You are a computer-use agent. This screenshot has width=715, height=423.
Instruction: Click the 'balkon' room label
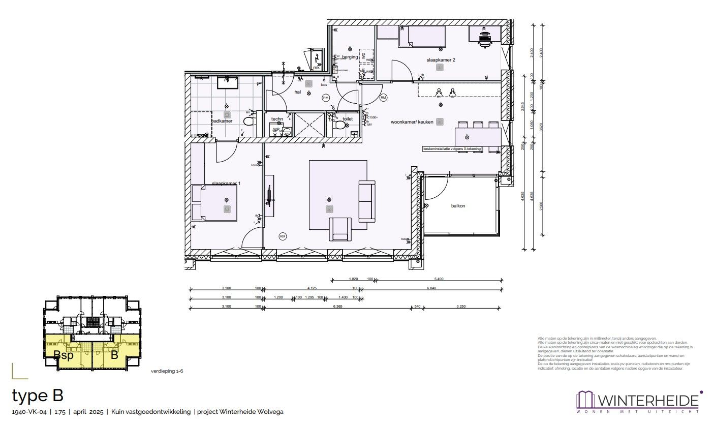[x=458, y=206]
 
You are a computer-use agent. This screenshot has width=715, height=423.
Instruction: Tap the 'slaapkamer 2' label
[x=441, y=60]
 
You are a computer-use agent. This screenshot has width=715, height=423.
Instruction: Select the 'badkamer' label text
[x=222, y=121]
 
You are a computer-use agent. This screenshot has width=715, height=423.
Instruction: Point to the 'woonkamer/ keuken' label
[x=412, y=123]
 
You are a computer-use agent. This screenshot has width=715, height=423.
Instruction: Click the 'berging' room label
[x=350, y=57]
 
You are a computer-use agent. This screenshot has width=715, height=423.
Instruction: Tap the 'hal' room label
[x=298, y=92]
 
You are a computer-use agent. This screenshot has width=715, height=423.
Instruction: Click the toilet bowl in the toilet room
[x=339, y=124]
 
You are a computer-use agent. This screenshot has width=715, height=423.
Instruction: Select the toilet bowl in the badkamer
[x=249, y=122]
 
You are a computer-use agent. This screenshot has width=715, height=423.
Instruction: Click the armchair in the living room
[x=340, y=229]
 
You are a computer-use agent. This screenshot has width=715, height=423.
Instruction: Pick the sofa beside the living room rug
[x=366, y=201]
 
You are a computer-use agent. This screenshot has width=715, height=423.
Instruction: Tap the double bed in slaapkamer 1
[x=214, y=203]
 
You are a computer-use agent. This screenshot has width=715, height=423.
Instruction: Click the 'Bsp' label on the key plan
[x=64, y=355]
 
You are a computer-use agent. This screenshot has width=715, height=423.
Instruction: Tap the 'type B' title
[x=37, y=396]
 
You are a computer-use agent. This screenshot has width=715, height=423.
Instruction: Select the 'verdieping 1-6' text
[x=167, y=372]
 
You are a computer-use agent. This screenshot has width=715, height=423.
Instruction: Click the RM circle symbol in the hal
[x=326, y=98]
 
